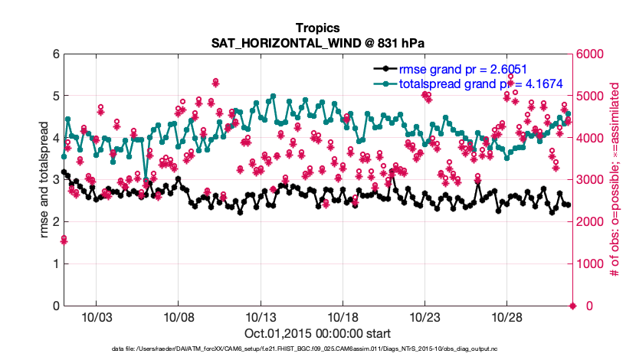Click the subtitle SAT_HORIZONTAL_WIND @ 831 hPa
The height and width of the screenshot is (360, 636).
(x=317, y=41)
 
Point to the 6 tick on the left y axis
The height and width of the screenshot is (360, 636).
(x=55, y=54)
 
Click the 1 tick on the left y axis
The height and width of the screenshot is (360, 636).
(x=55, y=264)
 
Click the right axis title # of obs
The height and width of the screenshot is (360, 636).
(x=614, y=180)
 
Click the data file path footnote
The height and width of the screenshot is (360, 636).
(x=317, y=349)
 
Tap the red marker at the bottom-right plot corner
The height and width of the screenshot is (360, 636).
(x=572, y=306)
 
